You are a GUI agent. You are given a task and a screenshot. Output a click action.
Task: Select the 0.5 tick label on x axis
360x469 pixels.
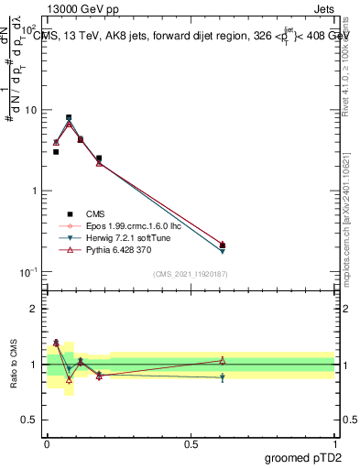[191, 442]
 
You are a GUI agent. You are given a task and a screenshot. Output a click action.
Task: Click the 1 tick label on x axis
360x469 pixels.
[335, 442]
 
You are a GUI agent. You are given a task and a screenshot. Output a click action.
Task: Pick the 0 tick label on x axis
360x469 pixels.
[47, 442]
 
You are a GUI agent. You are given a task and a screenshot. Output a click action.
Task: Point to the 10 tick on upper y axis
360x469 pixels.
[30, 110]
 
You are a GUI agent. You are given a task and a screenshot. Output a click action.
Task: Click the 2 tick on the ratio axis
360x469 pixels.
[35, 310]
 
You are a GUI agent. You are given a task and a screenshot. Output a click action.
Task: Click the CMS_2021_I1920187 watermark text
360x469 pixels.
[190, 275]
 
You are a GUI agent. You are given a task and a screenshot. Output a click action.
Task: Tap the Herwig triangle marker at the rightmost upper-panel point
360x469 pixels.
[223, 250]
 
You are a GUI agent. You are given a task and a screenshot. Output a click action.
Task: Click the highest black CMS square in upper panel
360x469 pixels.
[69, 117]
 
